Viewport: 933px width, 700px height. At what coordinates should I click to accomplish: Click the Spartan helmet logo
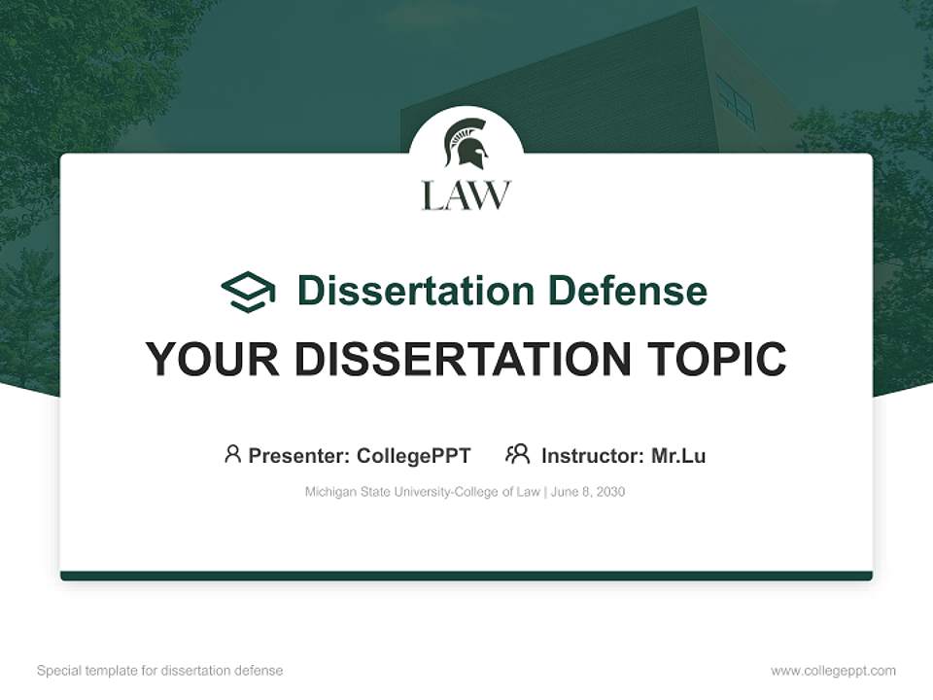466,144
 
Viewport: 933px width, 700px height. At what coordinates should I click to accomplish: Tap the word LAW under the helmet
466,194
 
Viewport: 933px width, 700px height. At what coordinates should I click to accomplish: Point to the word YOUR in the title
213,359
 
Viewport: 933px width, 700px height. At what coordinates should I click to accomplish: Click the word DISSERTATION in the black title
463,359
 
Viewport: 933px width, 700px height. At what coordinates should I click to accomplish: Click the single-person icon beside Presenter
232,454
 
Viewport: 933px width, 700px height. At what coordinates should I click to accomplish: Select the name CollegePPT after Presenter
414,456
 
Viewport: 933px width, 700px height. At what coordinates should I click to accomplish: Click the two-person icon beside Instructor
518,454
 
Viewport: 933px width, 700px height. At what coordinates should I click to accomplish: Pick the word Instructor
591,456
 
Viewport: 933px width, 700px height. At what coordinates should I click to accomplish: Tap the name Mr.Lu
678,456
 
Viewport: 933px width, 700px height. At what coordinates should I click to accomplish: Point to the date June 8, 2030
588,492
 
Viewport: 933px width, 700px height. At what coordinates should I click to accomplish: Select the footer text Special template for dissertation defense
160,671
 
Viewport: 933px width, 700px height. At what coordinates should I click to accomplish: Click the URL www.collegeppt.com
833,671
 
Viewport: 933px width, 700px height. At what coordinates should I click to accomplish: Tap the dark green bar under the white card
466,576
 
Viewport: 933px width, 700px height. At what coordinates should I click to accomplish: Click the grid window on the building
736,100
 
